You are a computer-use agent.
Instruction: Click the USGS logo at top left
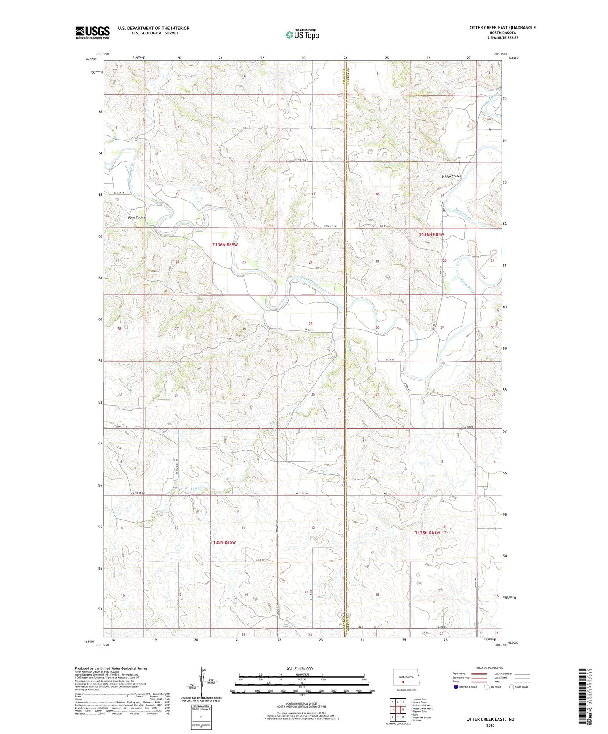tap(92, 32)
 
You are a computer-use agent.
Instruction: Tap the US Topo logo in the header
tap(302, 34)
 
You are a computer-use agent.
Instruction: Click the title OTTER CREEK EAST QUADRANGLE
tap(502, 28)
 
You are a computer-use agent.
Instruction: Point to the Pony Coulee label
tap(137, 217)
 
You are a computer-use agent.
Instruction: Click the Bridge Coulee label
tap(451, 176)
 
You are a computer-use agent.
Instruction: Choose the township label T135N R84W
tap(427, 533)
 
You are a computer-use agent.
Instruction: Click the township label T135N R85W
tap(223, 542)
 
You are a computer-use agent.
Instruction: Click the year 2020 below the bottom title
tap(490, 725)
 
